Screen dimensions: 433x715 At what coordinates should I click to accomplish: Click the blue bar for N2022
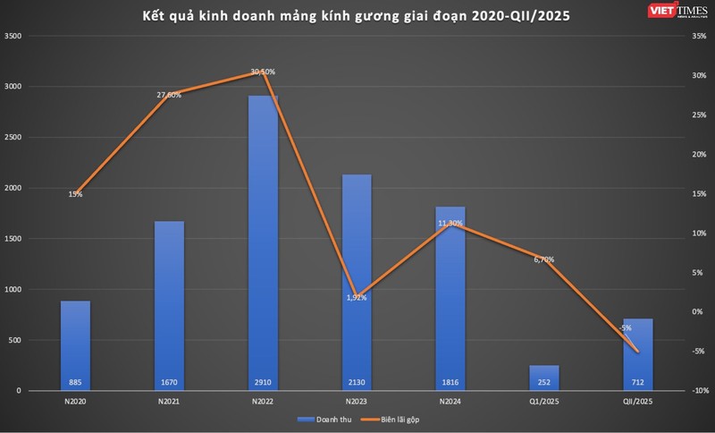(x=263, y=242)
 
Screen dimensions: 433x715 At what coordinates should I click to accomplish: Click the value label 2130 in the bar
(x=357, y=382)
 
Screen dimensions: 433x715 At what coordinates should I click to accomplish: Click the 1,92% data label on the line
(x=357, y=297)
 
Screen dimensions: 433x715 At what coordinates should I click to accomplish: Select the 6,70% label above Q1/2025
(x=543, y=259)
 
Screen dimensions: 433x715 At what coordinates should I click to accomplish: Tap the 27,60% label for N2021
(x=169, y=95)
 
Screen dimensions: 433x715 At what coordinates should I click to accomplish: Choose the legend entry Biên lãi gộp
(x=395, y=419)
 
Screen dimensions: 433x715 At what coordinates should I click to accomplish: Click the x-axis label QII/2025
(x=638, y=401)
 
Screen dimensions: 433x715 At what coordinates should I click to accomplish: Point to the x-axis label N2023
(x=357, y=401)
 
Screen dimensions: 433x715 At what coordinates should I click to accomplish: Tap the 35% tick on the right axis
(x=698, y=37)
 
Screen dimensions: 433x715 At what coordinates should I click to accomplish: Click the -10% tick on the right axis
(x=698, y=391)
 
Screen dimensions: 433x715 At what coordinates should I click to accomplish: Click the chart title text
(x=356, y=14)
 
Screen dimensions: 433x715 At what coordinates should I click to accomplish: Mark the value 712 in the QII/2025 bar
(x=638, y=382)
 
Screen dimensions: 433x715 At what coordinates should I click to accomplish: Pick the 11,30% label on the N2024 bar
(x=450, y=223)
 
